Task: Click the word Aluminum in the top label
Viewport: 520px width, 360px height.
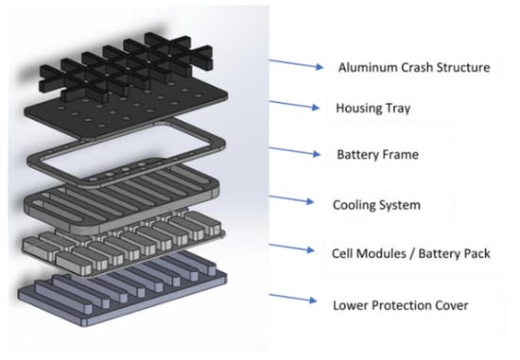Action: pos(368,67)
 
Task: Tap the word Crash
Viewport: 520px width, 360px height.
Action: pos(417,67)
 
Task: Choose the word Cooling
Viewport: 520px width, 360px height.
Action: pos(355,205)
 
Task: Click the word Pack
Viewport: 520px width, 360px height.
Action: pos(477,253)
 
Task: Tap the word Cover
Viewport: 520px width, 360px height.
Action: pos(451,305)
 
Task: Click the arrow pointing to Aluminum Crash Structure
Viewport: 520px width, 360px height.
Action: pos(296,63)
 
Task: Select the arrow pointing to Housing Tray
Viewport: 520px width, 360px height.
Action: pos(294,104)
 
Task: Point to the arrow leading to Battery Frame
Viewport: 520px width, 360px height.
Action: pos(294,151)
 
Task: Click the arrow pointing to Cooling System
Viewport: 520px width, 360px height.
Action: pos(291,198)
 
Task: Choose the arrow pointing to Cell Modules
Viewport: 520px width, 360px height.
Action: pos(292,248)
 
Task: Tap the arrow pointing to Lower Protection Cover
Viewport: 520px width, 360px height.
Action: pos(293,298)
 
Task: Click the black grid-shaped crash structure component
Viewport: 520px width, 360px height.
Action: pos(126,66)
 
